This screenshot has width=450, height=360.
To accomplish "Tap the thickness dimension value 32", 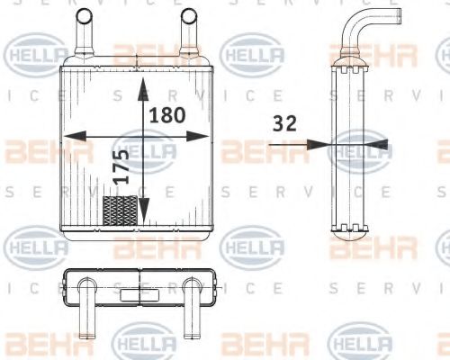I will (x=284, y=124).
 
